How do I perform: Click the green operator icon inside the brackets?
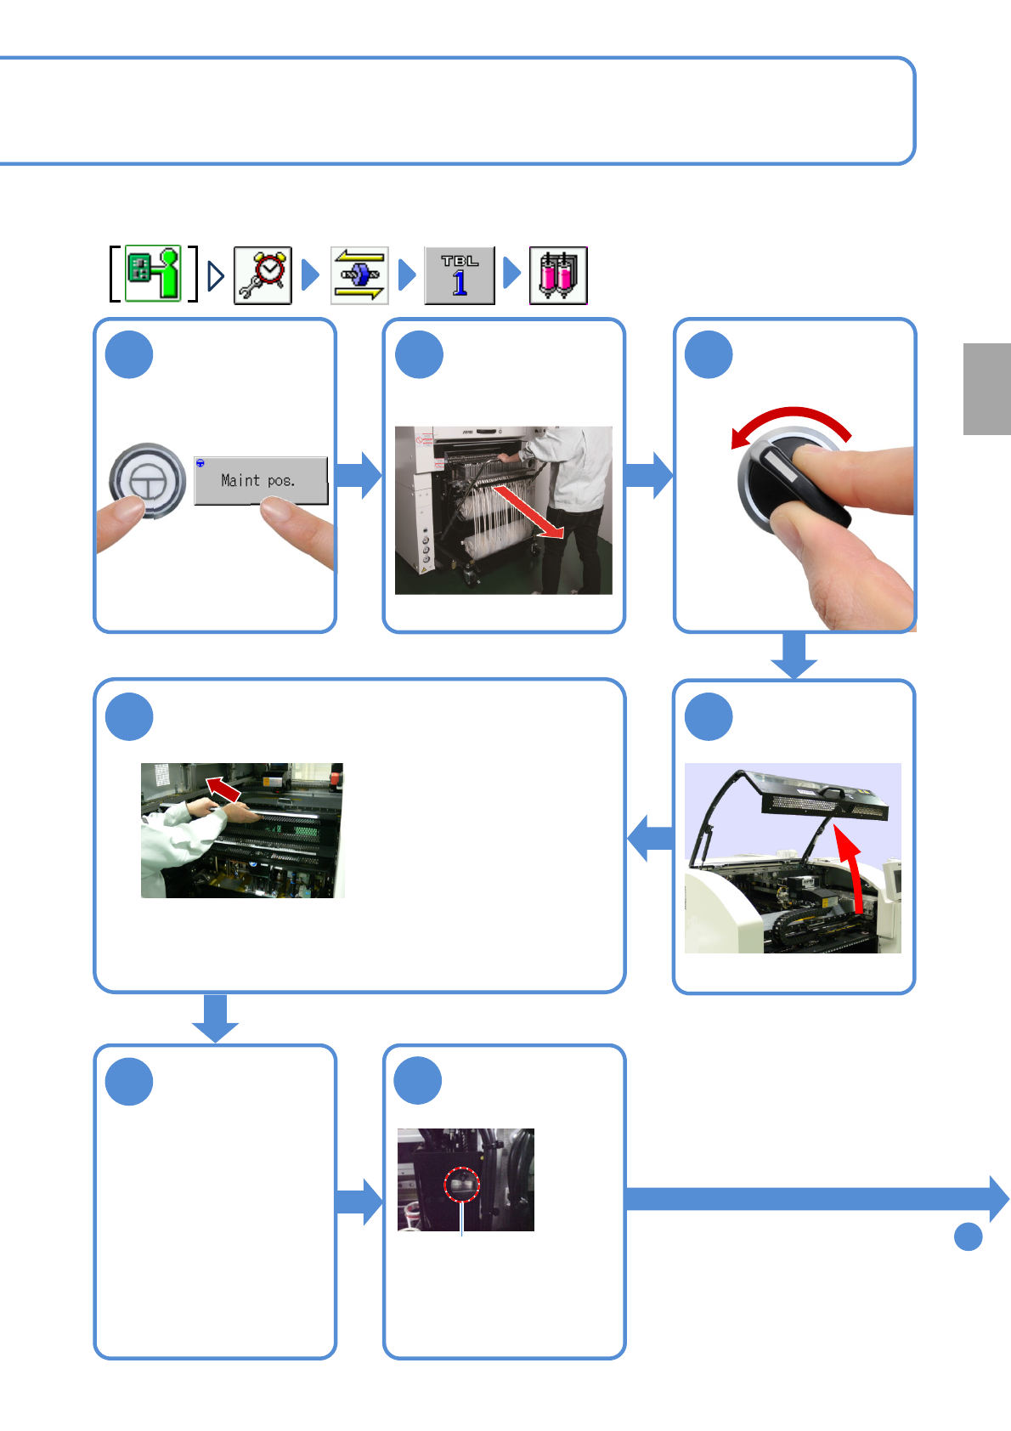[x=154, y=274]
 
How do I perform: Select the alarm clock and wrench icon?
[x=263, y=275]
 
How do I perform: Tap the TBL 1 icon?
[x=460, y=275]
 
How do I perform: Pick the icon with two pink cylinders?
[x=558, y=275]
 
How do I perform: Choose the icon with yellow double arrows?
[x=359, y=275]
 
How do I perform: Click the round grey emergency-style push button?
[x=147, y=480]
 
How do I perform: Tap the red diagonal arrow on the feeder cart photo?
[x=528, y=512]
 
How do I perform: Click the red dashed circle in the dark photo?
[x=462, y=1184]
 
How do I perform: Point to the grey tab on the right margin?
[x=986, y=388]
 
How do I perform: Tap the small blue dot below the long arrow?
[x=968, y=1236]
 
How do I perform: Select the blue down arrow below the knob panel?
[x=794, y=656]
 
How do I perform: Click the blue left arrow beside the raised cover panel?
[x=651, y=838]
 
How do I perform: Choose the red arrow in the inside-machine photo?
[x=224, y=789]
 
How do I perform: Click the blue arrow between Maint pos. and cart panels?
[x=359, y=475]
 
